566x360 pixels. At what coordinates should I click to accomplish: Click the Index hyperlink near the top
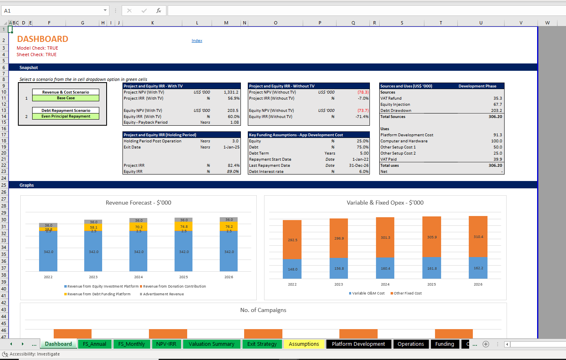tap(197, 40)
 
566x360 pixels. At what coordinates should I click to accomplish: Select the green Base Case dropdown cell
tap(66, 98)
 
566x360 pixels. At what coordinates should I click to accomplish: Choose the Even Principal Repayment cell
tap(66, 116)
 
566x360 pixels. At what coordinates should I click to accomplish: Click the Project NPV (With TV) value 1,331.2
tap(231, 92)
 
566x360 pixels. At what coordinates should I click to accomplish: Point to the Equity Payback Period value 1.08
tap(234, 122)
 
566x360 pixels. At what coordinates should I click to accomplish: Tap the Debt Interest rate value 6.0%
tap(364, 172)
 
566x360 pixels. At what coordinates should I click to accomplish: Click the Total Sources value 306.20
tap(495, 116)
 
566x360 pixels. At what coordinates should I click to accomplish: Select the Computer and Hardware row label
tap(404, 141)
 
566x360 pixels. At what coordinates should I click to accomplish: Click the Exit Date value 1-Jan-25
tap(232, 147)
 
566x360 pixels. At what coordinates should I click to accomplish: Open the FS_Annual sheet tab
tap(94, 344)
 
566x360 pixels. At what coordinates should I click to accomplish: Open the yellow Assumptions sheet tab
tap(304, 344)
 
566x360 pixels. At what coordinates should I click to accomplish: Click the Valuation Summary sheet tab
tap(212, 344)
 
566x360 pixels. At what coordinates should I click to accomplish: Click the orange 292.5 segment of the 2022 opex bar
tap(292, 240)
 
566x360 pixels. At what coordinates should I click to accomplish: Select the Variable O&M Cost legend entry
tap(367, 293)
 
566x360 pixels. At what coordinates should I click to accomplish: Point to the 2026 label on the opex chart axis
tap(478, 284)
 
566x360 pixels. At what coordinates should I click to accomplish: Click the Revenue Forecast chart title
tap(138, 203)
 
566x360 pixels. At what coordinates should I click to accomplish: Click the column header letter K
tap(152, 23)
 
